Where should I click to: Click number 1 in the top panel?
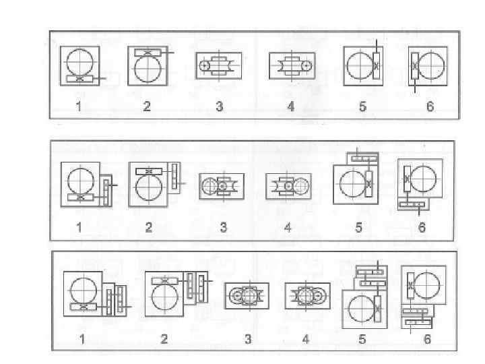pyautogui.click(x=79, y=107)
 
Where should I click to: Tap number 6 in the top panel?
pyautogui.click(x=430, y=107)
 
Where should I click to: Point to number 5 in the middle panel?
pyautogui.click(x=358, y=228)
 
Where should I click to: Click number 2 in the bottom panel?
pyautogui.click(x=164, y=339)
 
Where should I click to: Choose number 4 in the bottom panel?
pyautogui.click(x=306, y=339)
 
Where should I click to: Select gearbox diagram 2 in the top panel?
pyautogui.click(x=148, y=65)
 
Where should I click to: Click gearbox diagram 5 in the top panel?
pyautogui.click(x=362, y=66)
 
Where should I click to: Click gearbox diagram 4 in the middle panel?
pyautogui.click(x=288, y=186)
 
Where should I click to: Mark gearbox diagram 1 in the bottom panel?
pyautogui.click(x=94, y=295)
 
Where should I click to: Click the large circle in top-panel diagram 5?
pyautogui.click(x=356, y=66)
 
